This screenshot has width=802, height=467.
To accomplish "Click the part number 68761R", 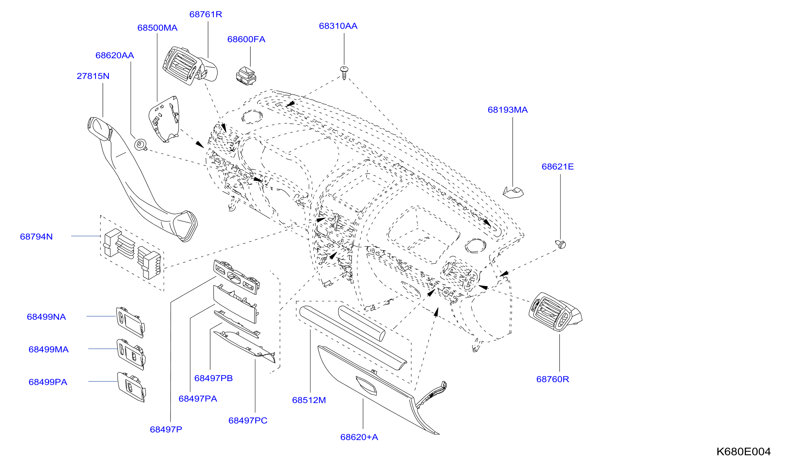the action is pyautogui.click(x=206, y=14).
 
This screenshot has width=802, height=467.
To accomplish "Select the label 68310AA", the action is pyautogui.click(x=338, y=26).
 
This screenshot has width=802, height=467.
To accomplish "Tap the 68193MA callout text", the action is pyautogui.click(x=508, y=110).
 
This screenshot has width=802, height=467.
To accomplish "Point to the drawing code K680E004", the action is pyautogui.click(x=743, y=451).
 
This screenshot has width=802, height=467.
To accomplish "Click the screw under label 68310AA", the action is pyautogui.click(x=344, y=73).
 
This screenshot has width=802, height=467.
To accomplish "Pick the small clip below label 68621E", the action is pyautogui.click(x=561, y=244).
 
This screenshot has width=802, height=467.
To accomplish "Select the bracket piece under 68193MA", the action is pyautogui.click(x=513, y=193).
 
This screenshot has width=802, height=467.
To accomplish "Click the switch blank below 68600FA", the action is pyautogui.click(x=246, y=76).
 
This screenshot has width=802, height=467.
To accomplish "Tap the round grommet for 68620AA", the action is pyautogui.click(x=140, y=145).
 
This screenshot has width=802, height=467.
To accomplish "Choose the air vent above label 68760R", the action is pyautogui.click(x=555, y=312).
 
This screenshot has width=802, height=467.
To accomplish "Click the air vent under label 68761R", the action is pyautogui.click(x=190, y=65).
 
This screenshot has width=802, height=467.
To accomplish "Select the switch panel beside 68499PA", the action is pyautogui.click(x=131, y=387).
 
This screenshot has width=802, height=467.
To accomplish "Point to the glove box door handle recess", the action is pyautogui.click(x=366, y=385).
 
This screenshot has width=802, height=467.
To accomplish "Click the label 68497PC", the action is pyautogui.click(x=248, y=421).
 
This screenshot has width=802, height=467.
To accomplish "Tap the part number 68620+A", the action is pyautogui.click(x=359, y=437).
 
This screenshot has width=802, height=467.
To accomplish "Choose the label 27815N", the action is pyautogui.click(x=93, y=76).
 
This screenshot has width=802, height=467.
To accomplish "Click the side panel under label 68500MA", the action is pyautogui.click(x=164, y=119).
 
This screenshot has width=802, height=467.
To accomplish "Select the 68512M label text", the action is pyautogui.click(x=309, y=401).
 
